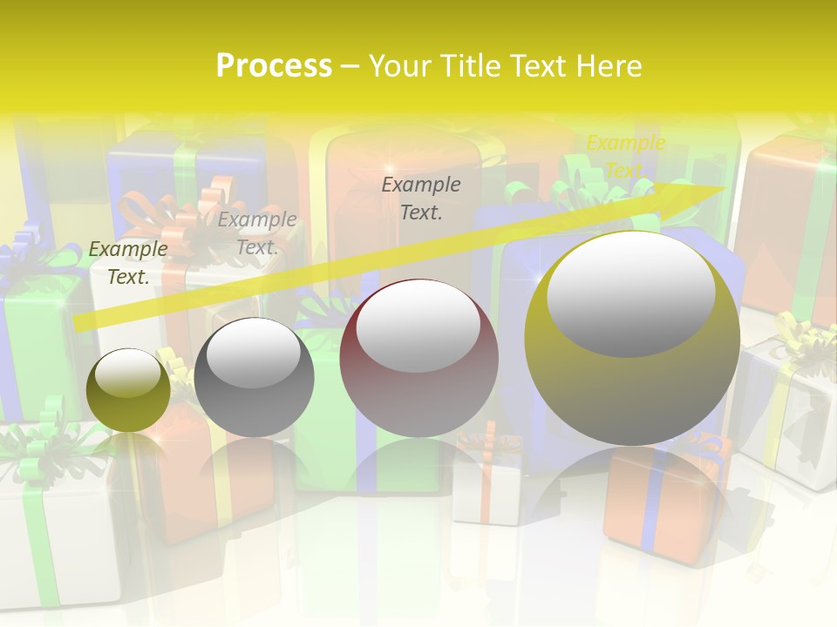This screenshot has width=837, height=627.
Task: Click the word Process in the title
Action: (x=274, y=66)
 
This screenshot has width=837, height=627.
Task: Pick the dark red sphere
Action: (x=418, y=392)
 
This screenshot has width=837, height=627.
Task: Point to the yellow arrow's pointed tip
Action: (x=725, y=186)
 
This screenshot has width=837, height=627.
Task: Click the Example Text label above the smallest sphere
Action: (x=128, y=262)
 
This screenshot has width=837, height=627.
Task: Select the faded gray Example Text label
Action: (x=257, y=233)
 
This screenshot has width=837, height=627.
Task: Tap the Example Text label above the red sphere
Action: (x=421, y=198)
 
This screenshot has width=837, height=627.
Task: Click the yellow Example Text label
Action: (x=625, y=156)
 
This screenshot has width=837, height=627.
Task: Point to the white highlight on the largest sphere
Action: (x=630, y=293)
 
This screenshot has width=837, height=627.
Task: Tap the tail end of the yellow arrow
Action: (x=77, y=324)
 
